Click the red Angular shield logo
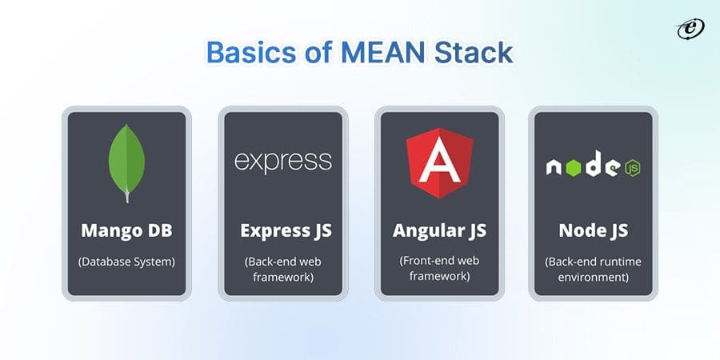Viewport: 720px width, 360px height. coord(438,163)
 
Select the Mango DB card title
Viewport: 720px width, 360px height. coord(126,230)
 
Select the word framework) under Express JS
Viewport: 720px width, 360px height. coord(282,276)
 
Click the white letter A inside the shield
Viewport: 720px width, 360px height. coord(438,166)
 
